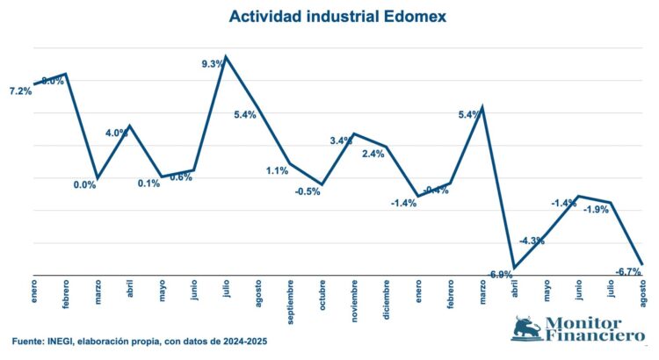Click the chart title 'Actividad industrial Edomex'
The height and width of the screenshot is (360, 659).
coord(329,17)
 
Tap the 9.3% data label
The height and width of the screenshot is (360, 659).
coord(213,64)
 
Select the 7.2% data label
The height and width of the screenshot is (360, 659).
coord(19,91)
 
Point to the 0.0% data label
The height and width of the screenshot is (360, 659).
coord(84,184)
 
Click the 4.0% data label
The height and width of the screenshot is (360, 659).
coord(117,133)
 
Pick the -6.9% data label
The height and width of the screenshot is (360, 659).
coord(501,275)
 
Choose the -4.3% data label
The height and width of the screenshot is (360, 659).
coord(532,241)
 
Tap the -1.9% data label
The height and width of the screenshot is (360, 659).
coord(597,209)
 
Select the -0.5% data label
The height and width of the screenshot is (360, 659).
coord(308,191)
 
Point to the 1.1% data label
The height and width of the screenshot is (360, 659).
coord(278,171)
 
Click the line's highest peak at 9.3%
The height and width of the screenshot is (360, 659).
coord(227,57)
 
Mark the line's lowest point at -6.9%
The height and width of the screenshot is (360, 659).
coord(514,268)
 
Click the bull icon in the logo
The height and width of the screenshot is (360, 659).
coord(526,328)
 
